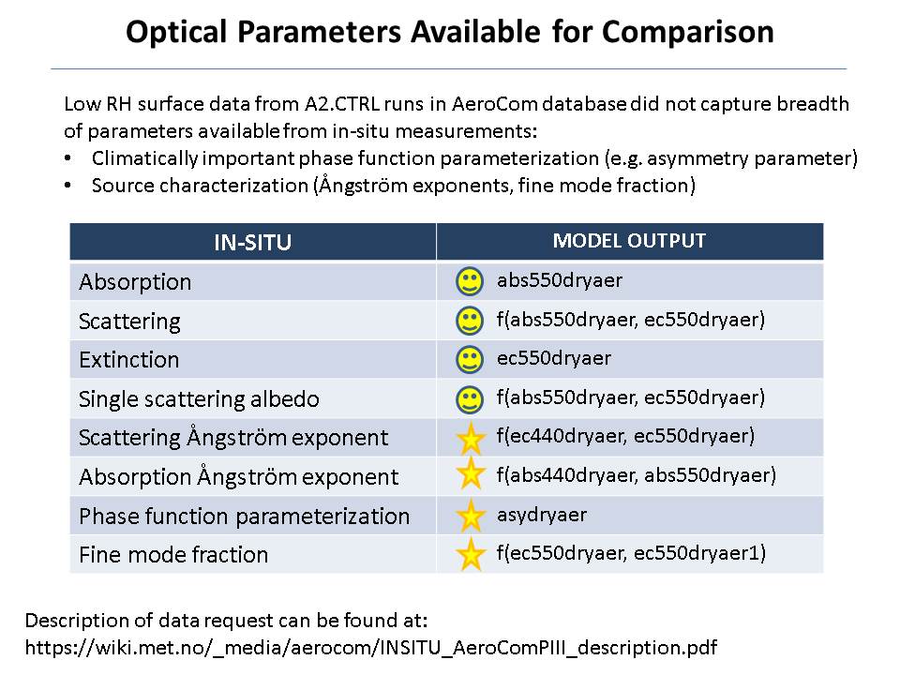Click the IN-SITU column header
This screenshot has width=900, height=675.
[252, 242]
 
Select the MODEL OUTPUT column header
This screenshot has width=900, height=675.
[629, 241]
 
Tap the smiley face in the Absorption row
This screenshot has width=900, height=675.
[470, 281]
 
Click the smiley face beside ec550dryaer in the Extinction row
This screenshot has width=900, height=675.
[470, 359]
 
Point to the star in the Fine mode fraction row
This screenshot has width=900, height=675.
[471, 554]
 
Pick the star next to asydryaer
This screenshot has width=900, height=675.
[471, 516]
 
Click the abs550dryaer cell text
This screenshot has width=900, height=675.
[560, 280]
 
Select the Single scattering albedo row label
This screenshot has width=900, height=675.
[199, 399]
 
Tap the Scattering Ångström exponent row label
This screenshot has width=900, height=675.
[233, 438]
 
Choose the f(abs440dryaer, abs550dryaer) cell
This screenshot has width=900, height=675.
[637, 475]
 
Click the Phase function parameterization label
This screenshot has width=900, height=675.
[245, 516]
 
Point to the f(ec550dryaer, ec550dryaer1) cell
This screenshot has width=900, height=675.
[631, 553]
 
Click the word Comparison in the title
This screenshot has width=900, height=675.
[687, 32]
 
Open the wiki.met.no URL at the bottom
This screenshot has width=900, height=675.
[371, 648]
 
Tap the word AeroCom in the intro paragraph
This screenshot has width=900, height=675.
[495, 104]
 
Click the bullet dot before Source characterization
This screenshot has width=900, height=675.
[68, 186]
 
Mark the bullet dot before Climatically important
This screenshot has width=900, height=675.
[68, 157]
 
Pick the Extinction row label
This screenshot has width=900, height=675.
[129, 360]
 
